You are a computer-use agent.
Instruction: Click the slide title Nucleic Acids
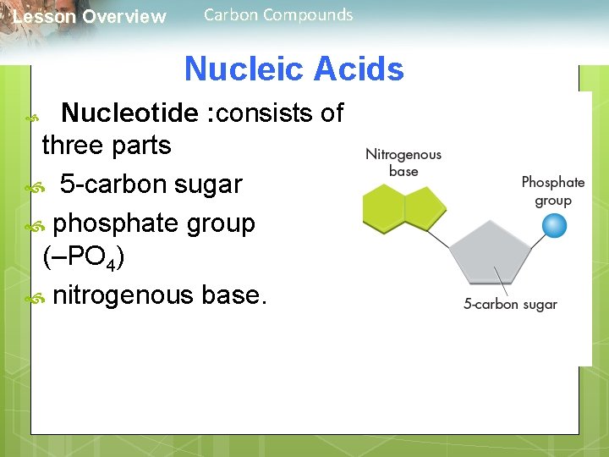pyautogui.click(x=294, y=69)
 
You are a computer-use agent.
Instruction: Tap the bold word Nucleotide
pyautogui.click(x=132, y=112)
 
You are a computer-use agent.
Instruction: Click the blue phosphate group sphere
pyautogui.click(x=553, y=226)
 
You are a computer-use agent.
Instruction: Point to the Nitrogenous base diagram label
pyautogui.click(x=403, y=162)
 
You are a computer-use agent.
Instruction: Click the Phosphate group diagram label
pyautogui.click(x=553, y=191)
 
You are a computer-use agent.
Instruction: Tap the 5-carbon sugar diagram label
pyautogui.click(x=510, y=305)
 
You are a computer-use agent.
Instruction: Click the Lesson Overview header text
pyautogui.click(x=90, y=17)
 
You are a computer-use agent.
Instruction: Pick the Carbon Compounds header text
pyautogui.click(x=278, y=14)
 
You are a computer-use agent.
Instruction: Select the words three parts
pyautogui.click(x=107, y=146)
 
